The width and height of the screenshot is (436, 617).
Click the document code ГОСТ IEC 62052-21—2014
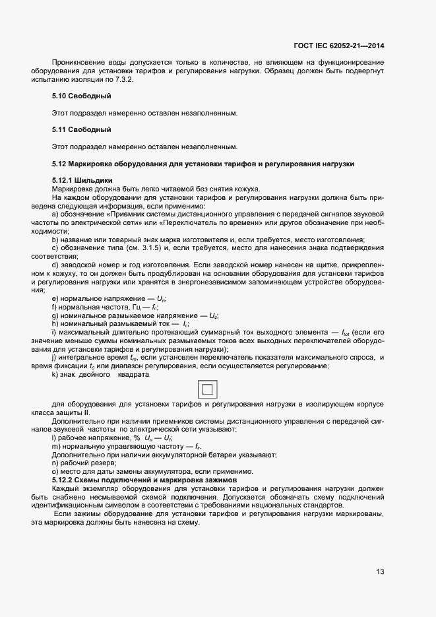tap(338, 46)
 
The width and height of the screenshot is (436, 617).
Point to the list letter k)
tap(55, 375)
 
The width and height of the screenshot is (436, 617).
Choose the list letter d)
tap(55, 265)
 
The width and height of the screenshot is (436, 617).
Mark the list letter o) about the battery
tap(55, 472)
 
